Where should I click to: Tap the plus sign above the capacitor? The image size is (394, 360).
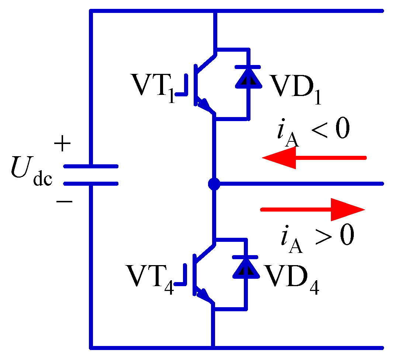pyautogui.click(x=62, y=144)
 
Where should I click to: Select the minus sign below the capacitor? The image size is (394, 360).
pyautogui.click(x=63, y=202)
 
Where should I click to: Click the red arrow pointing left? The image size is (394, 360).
pyautogui.click(x=314, y=158)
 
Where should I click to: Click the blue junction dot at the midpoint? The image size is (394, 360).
pyautogui.click(x=214, y=184)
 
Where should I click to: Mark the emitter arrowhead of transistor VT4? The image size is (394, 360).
pyautogui.click(x=204, y=295)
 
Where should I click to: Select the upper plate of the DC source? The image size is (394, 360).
pyautogui.click(x=91, y=167)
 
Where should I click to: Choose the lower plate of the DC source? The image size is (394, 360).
pyautogui.click(x=91, y=183)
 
